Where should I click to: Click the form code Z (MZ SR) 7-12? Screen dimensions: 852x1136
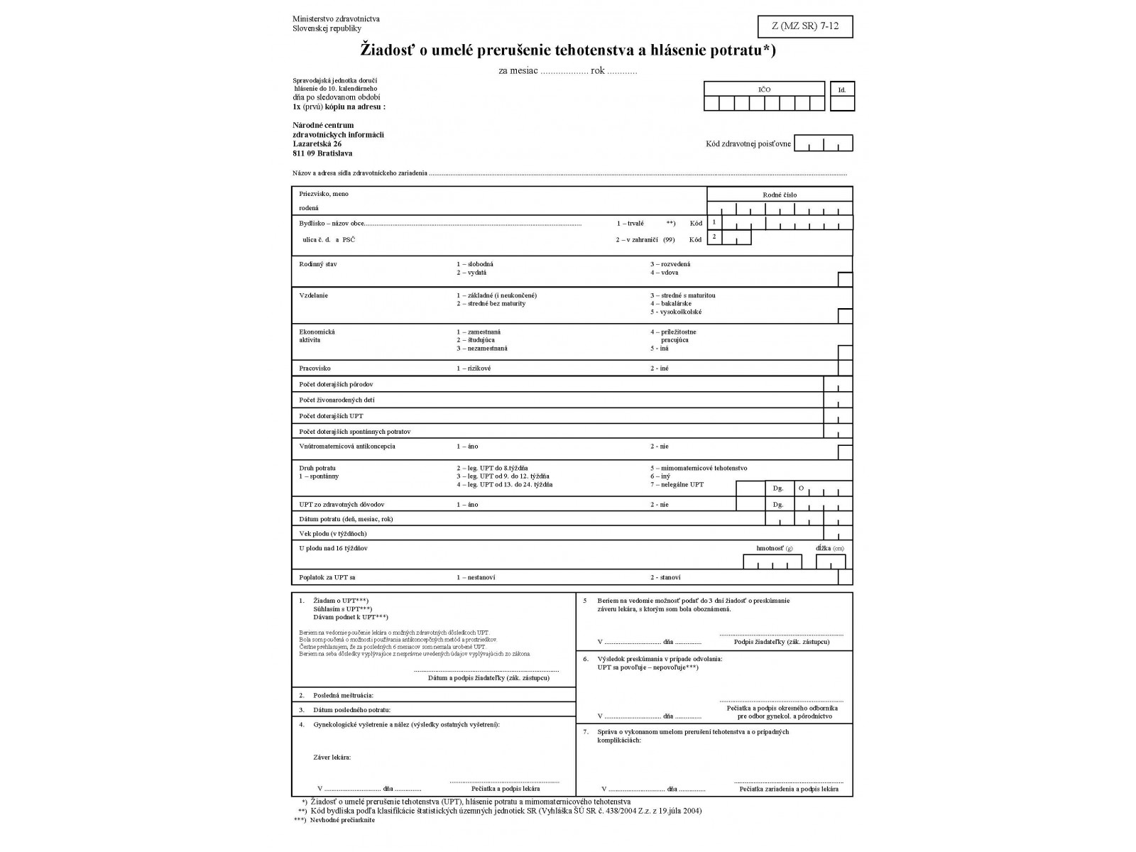[805, 26]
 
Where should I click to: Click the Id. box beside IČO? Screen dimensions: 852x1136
[842, 97]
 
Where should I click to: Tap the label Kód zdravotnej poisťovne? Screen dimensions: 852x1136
[748, 144]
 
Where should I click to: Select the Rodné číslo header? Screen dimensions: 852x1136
[780, 195]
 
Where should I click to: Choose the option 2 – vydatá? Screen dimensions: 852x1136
[471, 273]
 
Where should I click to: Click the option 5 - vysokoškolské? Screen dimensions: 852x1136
[676, 312]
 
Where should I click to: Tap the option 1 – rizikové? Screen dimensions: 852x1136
[474, 368]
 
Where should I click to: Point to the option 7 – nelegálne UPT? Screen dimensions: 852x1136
[677, 485]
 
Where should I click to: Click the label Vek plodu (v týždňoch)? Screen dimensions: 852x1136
[333, 533]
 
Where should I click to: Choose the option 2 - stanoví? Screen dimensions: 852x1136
[665, 577]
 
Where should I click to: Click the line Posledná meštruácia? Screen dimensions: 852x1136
[343, 696]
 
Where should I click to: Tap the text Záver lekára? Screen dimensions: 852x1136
[332, 758]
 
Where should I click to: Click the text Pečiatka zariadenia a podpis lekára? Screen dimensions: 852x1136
[788, 789]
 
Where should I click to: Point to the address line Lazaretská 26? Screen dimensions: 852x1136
[317, 144]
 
